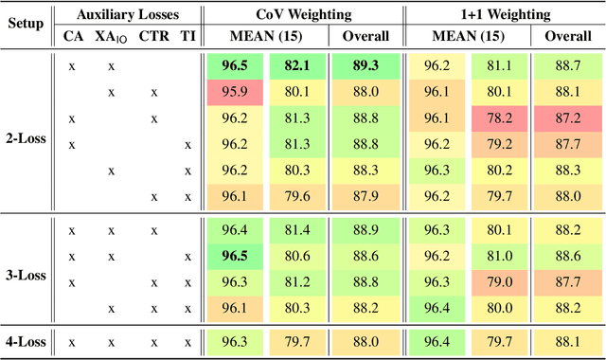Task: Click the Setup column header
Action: (26, 23)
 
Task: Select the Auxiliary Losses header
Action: (131, 14)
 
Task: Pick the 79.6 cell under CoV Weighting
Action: (294, 196)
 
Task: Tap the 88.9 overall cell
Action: (360, 230)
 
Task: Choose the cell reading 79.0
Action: (498, 281)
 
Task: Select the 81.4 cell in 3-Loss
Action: (294, 230)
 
